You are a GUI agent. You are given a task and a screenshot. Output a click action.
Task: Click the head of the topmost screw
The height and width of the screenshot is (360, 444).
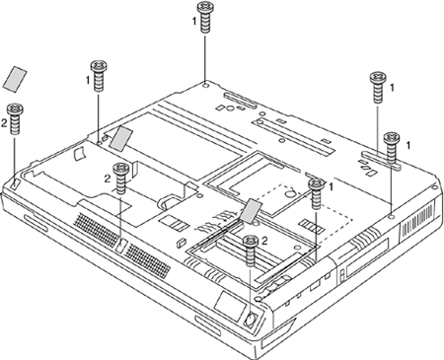(x=205, y=7)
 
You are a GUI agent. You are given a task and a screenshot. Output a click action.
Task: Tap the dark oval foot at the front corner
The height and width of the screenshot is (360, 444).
(x=251, y=319)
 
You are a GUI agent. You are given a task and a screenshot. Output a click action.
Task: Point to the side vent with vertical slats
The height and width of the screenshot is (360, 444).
(x=417, y=219)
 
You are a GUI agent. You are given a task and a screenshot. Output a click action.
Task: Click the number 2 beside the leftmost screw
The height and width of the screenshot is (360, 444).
(x=4, y=123)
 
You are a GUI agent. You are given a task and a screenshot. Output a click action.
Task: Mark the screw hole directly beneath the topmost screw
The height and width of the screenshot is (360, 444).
(x=206, y=86)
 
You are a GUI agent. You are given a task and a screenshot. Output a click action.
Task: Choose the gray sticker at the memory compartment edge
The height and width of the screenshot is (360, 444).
(x=252, y=209)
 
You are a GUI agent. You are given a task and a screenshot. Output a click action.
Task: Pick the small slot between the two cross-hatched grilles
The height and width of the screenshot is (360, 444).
(x=121, y=246)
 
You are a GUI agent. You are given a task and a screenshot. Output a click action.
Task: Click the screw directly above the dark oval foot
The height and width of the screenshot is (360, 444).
(x=251, y=251)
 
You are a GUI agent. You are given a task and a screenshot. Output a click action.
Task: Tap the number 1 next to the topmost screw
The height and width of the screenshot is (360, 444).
(x=194, y=21)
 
